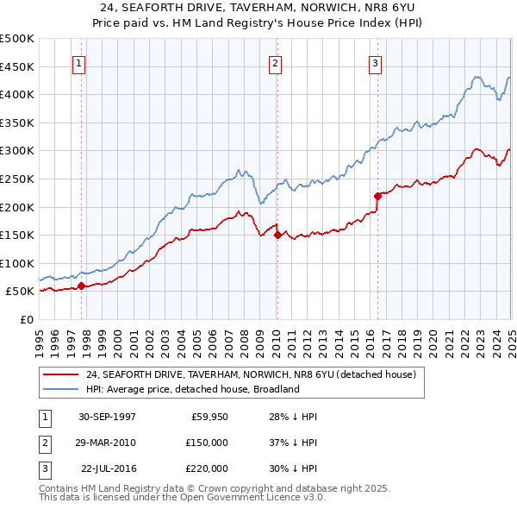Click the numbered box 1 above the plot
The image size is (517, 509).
coord(78,62)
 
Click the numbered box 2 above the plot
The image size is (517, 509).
coord(275,62)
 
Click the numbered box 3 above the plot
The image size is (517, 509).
coord(376,62)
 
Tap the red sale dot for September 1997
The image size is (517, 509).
coord(81,286)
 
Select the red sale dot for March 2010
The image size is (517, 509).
coord(277,235)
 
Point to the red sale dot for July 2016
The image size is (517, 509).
coord(377,196)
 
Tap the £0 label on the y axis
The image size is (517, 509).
coord(26,319)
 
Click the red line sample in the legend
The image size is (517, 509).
coord(61,374)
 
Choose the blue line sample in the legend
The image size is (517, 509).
coord(61,389)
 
